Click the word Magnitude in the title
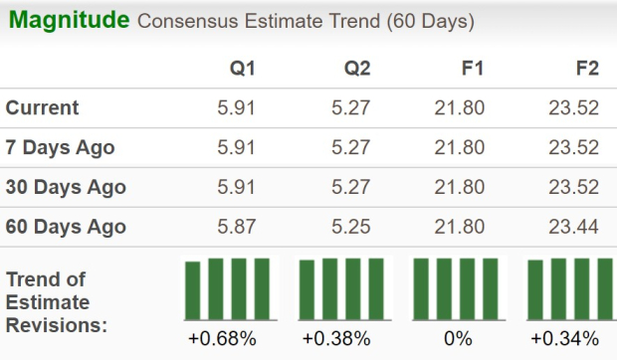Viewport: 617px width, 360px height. point(68,20)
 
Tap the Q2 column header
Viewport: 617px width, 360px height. point(359,69)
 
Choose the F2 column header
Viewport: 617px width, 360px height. point(584,69)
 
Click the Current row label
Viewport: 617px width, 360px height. point(43,108)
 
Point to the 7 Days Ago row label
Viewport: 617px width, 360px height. point(60,148)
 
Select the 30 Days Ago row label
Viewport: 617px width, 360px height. point(65,187)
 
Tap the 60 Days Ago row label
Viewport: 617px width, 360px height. point(65,227)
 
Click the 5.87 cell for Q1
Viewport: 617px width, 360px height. point(235,227)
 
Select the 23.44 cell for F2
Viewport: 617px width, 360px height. point(572,227)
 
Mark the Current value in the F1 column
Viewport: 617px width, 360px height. point(459,108)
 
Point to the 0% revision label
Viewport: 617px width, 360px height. point(459,338)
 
